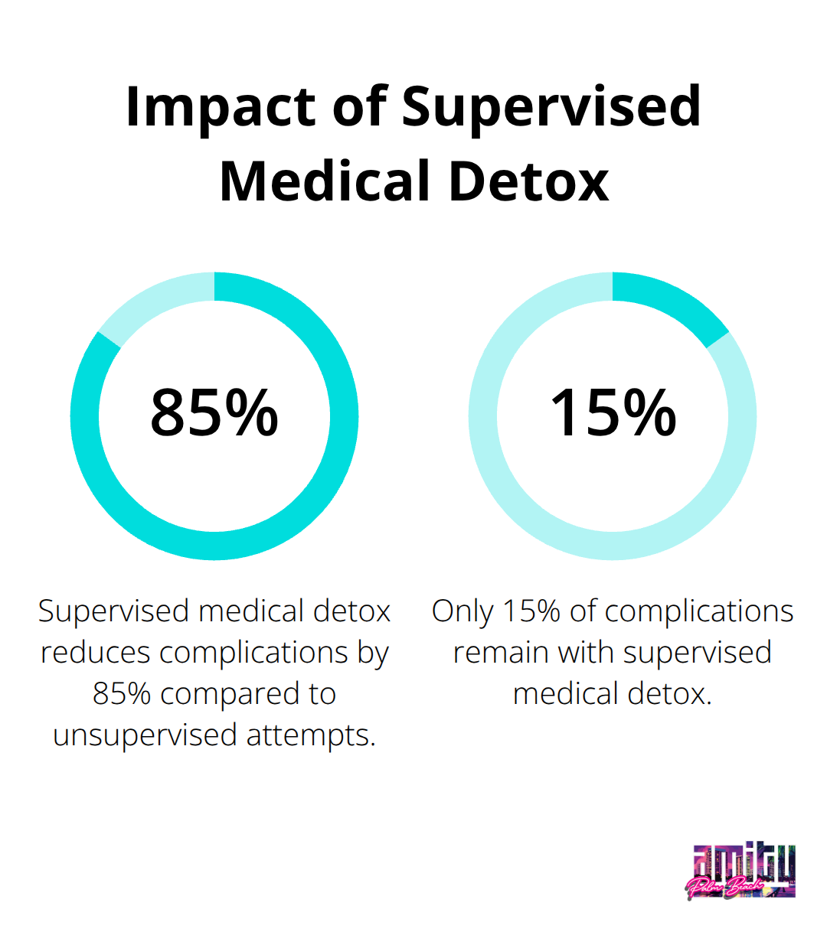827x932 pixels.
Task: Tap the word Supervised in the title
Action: click(x=551, y=106)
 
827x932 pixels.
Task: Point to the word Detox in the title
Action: click(x=528, y=182)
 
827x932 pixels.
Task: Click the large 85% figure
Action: click(x=214, y=413)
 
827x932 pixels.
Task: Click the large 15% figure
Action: click(x=613, y=413)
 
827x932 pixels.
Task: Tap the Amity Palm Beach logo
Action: click(x=741, y=872)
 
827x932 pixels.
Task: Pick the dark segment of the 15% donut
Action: click(x=674, y=302)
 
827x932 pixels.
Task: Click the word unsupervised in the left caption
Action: click(x=145, y=735)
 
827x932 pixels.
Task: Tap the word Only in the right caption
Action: click(x=462, y=611)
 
